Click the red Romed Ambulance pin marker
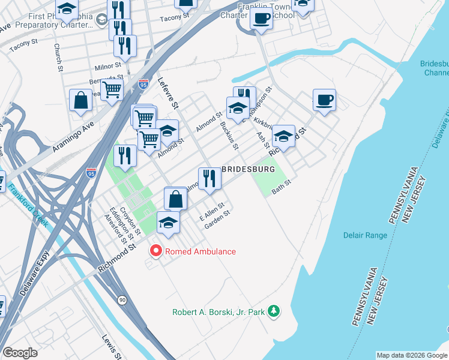(x=156, y=250)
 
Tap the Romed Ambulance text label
(x=200, y=251)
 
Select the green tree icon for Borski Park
(x=274, y=311)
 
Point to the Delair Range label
(x=365, y=235)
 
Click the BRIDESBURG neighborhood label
(x=249, y=170)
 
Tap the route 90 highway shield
(x=122, y=299)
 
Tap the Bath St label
(x=281, y=188)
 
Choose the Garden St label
(x=217, y=220)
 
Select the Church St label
(x=58, y=57)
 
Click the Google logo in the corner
(x=20, y=353)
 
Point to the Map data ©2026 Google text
(x=412, y=355)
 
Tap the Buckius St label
(x=229, y=135)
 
